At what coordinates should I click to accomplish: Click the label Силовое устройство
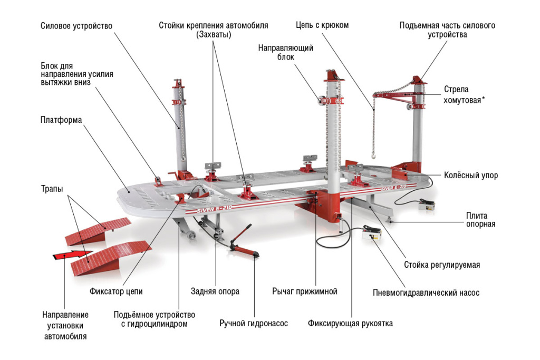pyautogui.click(x=76, y=26)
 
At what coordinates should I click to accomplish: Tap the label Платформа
pyautogui.click(x=61, y=120)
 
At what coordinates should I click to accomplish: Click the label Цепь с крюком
pyautogui.click(x=322, y=25)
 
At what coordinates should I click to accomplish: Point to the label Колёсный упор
pyautogui.click(x=470, y=176)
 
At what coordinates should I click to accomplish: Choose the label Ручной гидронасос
pyautogui.click(x=254, y=323)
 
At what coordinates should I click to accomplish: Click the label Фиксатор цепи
pyautogui.click(x=115, y=291)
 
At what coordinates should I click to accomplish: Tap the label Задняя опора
pyautogui.click(x=215, y=291)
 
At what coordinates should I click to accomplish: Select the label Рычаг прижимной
pyautogui.click(x=304, y=291)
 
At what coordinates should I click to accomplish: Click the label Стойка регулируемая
pyautogui.click(x=441, y=265)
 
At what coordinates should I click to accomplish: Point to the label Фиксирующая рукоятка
pyautogui.click(x=350, y=323)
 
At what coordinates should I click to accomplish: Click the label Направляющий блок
pyautogui.click(x=285, y=52)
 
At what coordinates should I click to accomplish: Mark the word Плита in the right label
pyautogui.click(x=476, y=215)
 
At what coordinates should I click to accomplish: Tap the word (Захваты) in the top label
pyautogui.click(x=214, y=35)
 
